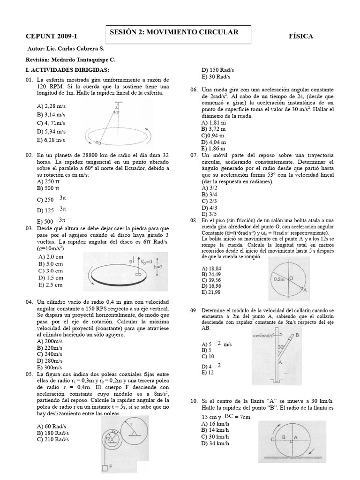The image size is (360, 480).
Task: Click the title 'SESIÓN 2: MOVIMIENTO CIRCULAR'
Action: (x=174, y=32)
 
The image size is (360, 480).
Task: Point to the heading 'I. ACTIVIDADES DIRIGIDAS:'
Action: (x=60, y=69)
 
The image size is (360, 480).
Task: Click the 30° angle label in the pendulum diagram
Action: (x=116, y=112)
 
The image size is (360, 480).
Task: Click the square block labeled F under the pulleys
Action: (x=105, y=467)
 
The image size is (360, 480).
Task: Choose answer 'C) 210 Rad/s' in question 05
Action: (x=52, y=439)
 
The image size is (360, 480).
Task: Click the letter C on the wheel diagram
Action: (x=272, y=439)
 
